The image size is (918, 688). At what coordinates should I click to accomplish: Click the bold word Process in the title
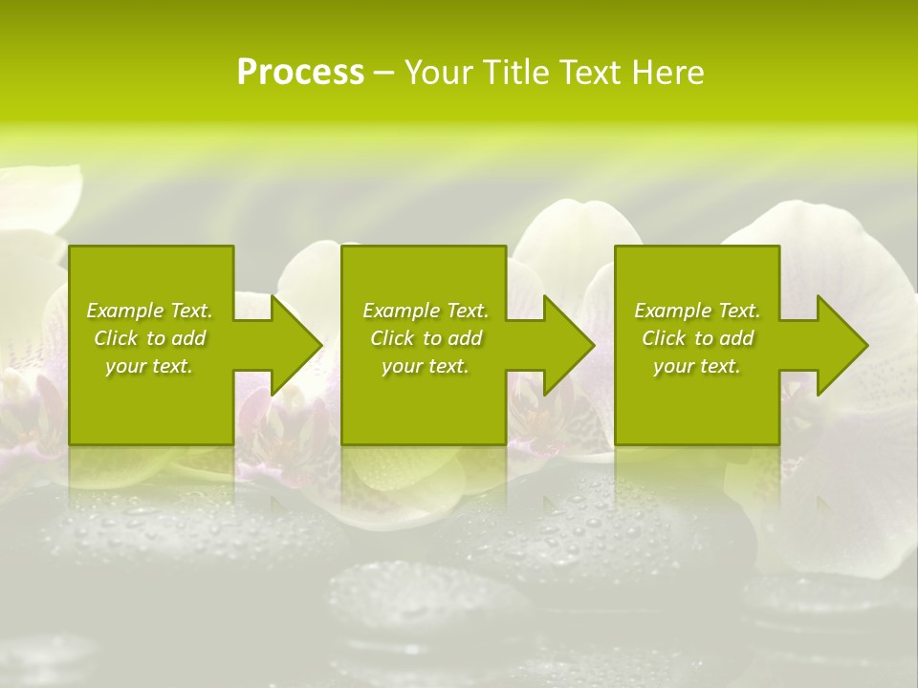(x=300, y=73)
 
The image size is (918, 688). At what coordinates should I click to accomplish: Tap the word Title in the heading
(x=516, y=73)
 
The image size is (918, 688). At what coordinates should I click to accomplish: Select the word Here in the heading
(x=669, y=73)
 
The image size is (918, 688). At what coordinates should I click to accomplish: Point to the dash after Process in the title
(x=384, y=73)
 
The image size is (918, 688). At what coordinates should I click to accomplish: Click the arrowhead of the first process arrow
(x=296, y=345)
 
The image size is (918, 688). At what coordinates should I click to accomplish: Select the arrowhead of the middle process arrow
(x=569, y=345)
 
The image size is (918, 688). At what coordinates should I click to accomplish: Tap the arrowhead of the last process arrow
(x=842, y=345)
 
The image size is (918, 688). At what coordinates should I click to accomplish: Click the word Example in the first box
(x=125, y=311)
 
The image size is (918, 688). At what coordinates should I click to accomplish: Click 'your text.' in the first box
(x=149, y=366)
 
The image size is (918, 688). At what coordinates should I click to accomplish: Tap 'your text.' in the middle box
(x=426, y=366)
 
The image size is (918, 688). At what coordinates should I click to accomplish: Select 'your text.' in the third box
(x=697, y=366)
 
